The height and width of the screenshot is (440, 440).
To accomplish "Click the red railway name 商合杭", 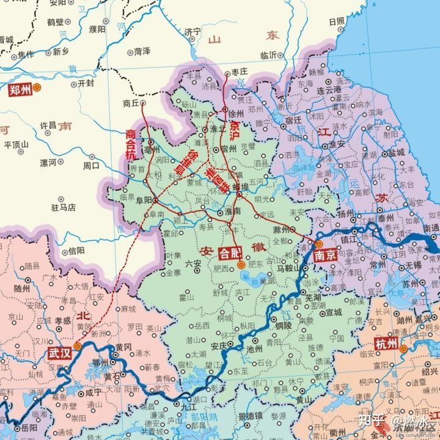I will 131,144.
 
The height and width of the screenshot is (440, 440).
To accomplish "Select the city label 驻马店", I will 63,208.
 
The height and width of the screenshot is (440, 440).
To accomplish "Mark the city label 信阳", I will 76,250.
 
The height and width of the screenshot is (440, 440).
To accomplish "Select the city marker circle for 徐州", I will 224,111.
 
